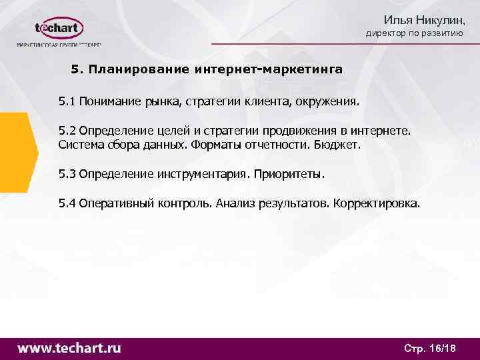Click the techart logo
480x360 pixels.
coord(59,29)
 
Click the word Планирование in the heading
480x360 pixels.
coord(139,69)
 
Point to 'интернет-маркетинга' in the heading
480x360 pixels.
coord(269,69)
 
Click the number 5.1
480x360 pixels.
coord(67,102)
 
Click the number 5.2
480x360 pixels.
coord(67,131)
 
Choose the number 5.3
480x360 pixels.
coord(67,174)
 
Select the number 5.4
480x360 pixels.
coord(67,203)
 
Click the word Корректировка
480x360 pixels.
coord(377,203)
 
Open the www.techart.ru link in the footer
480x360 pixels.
coord(69,348)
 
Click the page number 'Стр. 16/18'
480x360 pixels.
coord(430,349)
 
